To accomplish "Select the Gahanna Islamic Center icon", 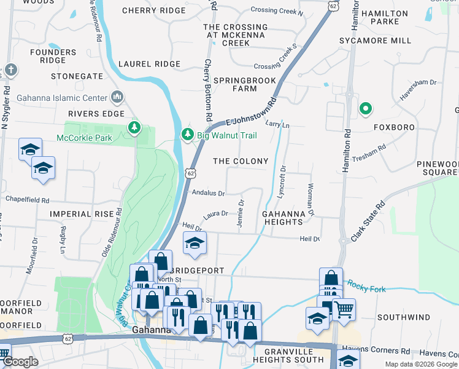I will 117,97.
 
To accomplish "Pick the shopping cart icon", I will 344,309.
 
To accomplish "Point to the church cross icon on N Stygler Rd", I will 10,70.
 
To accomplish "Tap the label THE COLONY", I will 240,161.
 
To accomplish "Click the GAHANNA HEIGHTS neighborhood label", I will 283,218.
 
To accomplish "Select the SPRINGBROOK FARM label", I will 236,85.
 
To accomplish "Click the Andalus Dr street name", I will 209,192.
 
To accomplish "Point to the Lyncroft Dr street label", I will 282,176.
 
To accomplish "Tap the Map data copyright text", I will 421,364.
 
